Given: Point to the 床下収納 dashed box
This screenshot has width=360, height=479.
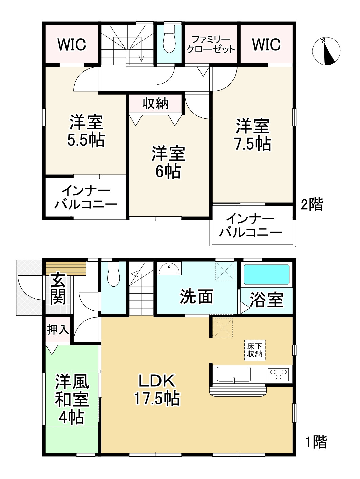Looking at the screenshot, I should (x=254, y=350).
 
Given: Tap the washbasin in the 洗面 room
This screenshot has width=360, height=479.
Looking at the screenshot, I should (x=169, y=270).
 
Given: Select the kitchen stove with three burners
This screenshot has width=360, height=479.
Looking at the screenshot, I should (x=279, y=374).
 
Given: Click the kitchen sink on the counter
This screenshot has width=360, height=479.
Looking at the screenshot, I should (x=234, y=374).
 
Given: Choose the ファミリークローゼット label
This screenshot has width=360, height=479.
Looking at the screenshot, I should (x=211, y=44).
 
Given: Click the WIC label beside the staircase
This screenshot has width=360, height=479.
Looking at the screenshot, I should (x=72, y=44).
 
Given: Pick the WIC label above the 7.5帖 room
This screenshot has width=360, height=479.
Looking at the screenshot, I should (x=266, y=44).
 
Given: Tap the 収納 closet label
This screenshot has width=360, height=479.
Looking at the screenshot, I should (x=155, y=104).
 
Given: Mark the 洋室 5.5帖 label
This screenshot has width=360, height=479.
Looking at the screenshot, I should (x=86, y=131).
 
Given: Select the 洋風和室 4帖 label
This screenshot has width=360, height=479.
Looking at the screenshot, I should (x=72, y=400).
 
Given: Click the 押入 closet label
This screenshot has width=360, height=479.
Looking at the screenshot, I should (x=58, y=329).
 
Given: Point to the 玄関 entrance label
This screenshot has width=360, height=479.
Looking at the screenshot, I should (x=58, y=289).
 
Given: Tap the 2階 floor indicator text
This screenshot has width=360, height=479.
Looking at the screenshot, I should (x=312, y=204).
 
